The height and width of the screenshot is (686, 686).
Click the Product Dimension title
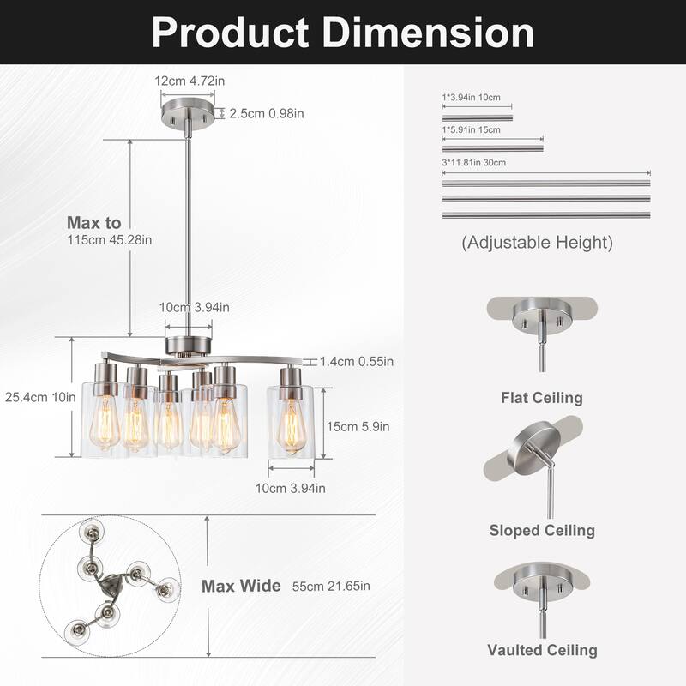pos(343,32)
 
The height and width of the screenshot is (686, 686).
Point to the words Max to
pos(94,222)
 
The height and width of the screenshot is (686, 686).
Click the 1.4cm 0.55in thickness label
pos(356,362)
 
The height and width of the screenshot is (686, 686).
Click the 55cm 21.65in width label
pos(331,587)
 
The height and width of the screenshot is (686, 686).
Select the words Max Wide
pos(241,587)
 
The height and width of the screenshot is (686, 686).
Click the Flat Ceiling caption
pos(541,398)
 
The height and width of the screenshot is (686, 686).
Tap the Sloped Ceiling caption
pos(541,530)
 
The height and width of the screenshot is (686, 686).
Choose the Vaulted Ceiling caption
pos(541,650)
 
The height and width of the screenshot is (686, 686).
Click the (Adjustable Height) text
pos(538,243)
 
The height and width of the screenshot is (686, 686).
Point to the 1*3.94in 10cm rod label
pos(470,99)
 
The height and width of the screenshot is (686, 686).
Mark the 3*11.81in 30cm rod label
pos(474,162)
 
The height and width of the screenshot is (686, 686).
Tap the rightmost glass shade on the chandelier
pos(290,421)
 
